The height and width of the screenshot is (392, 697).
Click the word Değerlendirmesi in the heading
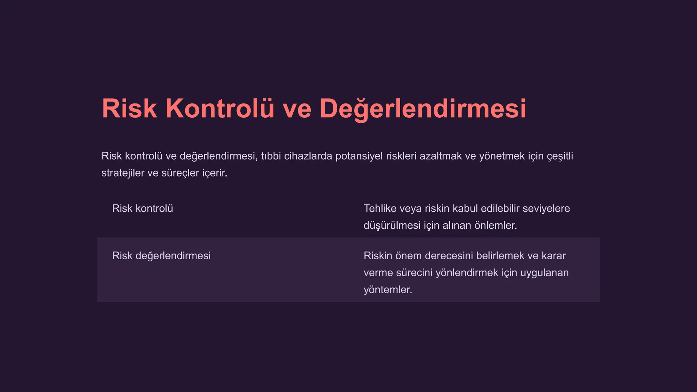[423, 109]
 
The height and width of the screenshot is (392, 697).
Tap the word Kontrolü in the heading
[220, 109]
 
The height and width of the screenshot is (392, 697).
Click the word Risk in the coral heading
[129, 109]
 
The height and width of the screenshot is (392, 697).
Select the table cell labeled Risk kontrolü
[143, 209]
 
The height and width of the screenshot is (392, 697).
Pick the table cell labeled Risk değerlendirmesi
[161, 256]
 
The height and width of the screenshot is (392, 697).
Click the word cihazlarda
[308, 156]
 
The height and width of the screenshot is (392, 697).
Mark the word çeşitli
[560, 156]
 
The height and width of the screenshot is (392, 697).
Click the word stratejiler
[123, 173]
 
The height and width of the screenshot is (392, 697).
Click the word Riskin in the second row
[378, 256]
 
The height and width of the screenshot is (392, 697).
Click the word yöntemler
[388, 290]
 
